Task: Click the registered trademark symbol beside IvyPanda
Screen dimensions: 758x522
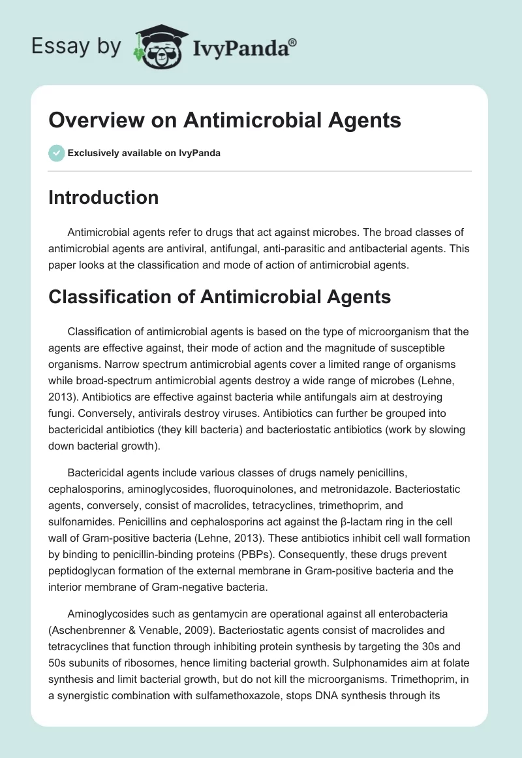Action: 293,42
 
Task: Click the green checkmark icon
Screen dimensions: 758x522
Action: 56,153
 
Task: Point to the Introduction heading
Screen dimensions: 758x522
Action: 103,197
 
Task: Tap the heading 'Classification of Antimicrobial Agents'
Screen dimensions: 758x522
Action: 219,297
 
